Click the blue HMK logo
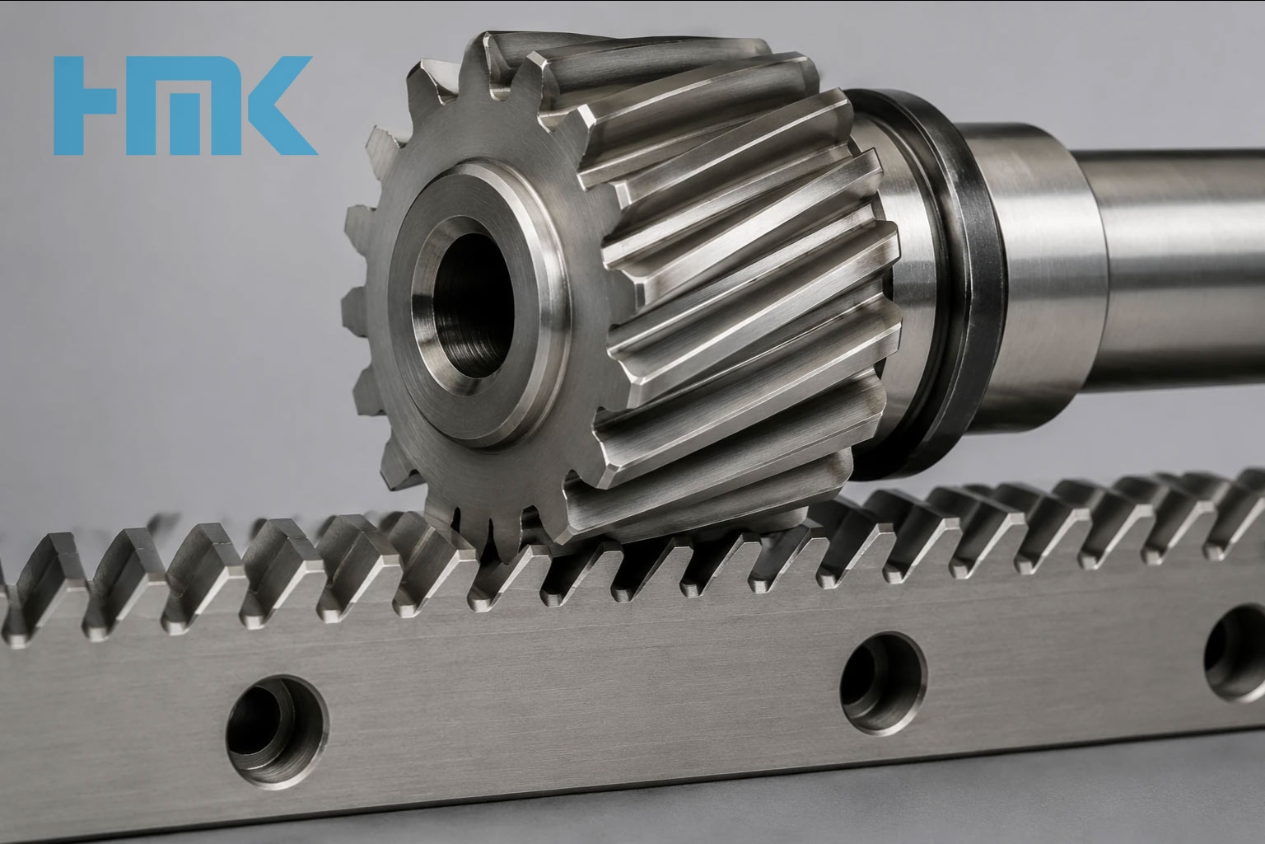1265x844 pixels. (185, 105)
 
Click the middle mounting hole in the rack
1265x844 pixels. (883, 682)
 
